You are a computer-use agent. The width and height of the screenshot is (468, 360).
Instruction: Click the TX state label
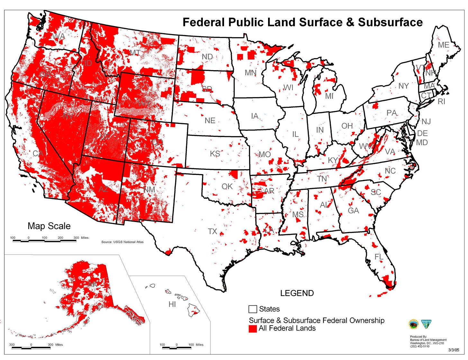click(212, 231)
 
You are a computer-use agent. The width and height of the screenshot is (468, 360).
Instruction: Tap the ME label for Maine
click(444, 45)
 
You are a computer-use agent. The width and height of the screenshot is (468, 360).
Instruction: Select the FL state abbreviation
click(379, 257)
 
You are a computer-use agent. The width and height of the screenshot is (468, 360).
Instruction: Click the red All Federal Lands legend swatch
click(253, 328)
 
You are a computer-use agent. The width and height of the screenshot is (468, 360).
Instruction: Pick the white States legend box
click(253, 309)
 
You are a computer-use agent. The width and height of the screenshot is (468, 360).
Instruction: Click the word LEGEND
click(297, 293)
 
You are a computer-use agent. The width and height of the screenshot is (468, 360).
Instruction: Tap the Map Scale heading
click(49, 226)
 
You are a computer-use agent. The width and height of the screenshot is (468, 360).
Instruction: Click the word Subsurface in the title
click(390, 22)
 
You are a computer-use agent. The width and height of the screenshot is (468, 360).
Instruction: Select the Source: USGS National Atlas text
click(122, 242)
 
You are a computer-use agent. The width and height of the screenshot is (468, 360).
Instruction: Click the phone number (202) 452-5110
click(419, 346)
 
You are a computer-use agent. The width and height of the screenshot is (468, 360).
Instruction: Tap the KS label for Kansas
click(215, 154)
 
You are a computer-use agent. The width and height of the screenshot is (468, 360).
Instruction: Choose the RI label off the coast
click(442, 102)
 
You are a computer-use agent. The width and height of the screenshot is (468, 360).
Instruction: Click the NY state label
click(403, 86)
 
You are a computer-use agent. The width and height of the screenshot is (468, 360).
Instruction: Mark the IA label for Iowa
click(255, 116)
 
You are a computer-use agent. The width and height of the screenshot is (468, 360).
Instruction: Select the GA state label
click(353, 211)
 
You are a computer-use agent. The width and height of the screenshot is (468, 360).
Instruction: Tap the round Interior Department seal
click(413, 324)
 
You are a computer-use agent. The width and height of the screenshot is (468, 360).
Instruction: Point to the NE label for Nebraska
click(210, 121)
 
